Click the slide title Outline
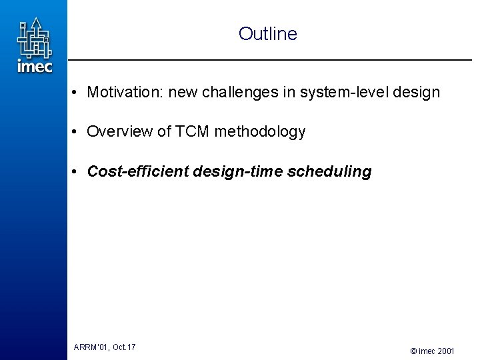point(267,34)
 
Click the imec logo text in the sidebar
point(34,66)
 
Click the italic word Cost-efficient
point(139,172)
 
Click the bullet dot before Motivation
point(77,93)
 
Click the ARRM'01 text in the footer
point(91,347)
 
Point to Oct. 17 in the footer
point(124,347)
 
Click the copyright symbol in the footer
point(413,351)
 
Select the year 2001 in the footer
point(447,351)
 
